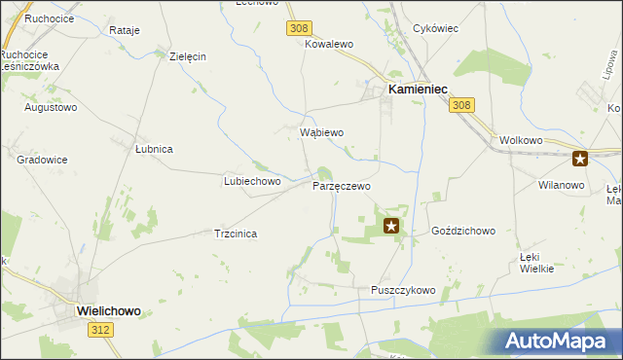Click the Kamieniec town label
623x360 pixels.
pyautogui.click(x=418, y=89)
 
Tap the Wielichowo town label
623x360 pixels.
pyautogui.click(x=108, y=311)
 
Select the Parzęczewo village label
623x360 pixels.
pyautogui.click(x=341, y=185)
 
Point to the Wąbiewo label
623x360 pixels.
pyautogui.click(x=320, y=132)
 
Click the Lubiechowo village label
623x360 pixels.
pyautogui.click(x=252, y=181)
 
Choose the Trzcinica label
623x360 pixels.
pyautogui.click(x=235, y=234)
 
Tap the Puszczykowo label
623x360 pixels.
pyautogui.click(x=403, y=290)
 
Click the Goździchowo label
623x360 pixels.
pyautogui.click(x=463, y=232)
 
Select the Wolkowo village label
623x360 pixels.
pyautogui.click(x=520, y=140)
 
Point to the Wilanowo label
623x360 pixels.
pyautogui.click(x=561, y=184)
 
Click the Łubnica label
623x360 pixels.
pyautogui.click(x=154, y=149)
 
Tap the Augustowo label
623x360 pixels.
pyautogui.click(x=51, y=107)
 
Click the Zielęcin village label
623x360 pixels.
pyautogui.click(x=187, y=56)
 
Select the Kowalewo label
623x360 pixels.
pyautogui.click(x=328, y=45)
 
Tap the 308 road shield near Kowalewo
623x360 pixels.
pyautogui.click(x=298, y=29)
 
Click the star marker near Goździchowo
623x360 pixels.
pyautogui.click(x=391, y=227)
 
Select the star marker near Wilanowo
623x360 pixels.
pyautogui.click(x=580, y=160)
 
